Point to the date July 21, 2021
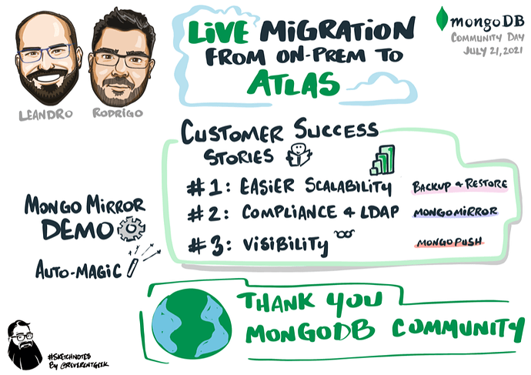[483, 52]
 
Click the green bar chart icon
[382, 160]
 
